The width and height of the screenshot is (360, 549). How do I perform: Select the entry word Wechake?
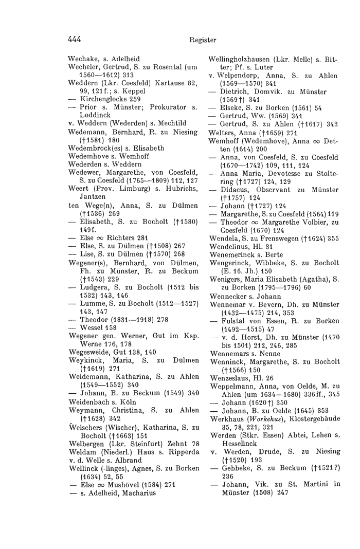pos(83,59)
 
